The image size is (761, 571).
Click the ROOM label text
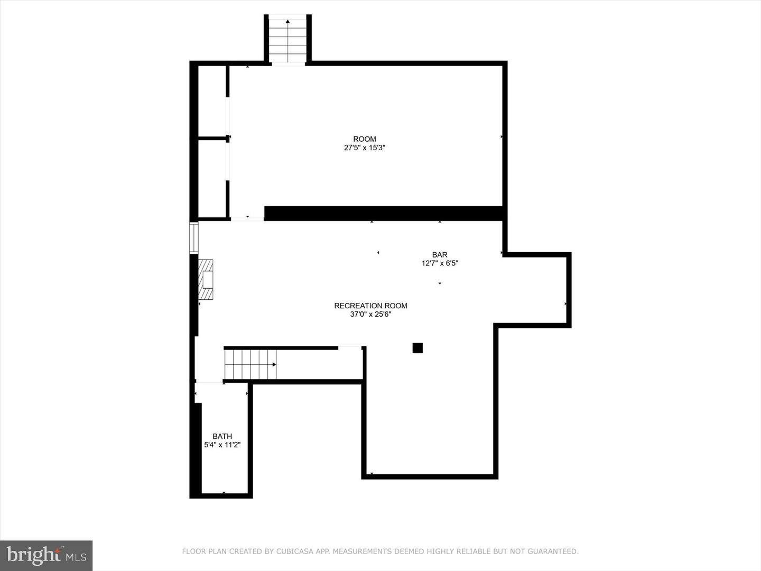coord(365,139)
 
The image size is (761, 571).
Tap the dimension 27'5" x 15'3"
coord(365,148)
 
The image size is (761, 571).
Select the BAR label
coord(440,255)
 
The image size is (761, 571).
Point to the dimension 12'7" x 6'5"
coord(440,263)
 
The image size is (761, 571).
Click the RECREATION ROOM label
coord(370,306)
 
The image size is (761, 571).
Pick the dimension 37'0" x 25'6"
coord(370,314)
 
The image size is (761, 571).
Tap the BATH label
coord(222,436)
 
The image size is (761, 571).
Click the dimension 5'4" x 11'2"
coord(222,445)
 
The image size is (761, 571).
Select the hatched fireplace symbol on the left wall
coord(206,279)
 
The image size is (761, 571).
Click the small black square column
coord(417,348)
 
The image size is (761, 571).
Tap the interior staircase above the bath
coord(250,364)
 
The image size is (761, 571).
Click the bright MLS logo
coord(47,555)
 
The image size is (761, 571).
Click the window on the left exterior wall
coord(194,238)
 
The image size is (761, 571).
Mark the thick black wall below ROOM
coord(383,213)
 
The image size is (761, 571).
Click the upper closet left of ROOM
coord(212,100)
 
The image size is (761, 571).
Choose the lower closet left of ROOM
coord(212,178)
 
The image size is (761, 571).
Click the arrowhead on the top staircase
coord(287,22)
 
